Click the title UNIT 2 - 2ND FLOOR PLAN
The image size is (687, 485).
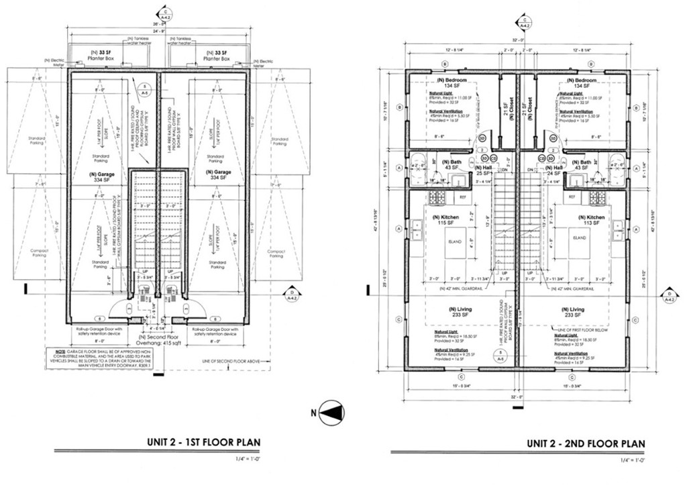585,443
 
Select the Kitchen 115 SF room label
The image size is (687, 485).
443,221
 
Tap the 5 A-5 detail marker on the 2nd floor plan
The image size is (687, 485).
499,356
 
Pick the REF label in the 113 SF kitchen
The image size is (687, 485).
572,197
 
